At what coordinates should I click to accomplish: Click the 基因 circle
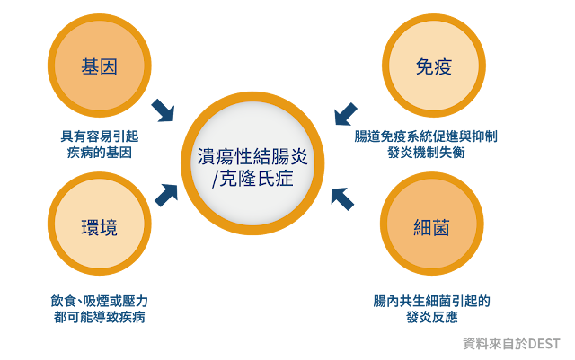(100, 66)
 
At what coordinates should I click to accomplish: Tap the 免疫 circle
(432, 66)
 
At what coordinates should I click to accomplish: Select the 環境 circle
(100, 225)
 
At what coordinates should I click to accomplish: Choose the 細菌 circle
(432, 225)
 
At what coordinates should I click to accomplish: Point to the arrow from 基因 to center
(163, 110)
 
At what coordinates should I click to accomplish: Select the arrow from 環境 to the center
(166, 194)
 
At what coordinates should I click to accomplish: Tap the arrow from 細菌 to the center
(341, 198)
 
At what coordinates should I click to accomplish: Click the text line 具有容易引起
(99, 136)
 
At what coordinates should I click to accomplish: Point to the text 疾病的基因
(99, 153)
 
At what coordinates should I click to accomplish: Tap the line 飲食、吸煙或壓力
(99, 301)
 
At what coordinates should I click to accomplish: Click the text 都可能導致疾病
(99, 318)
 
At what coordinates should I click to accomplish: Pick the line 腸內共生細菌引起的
(432, 301)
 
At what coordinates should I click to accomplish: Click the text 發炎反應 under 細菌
(432, 318)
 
